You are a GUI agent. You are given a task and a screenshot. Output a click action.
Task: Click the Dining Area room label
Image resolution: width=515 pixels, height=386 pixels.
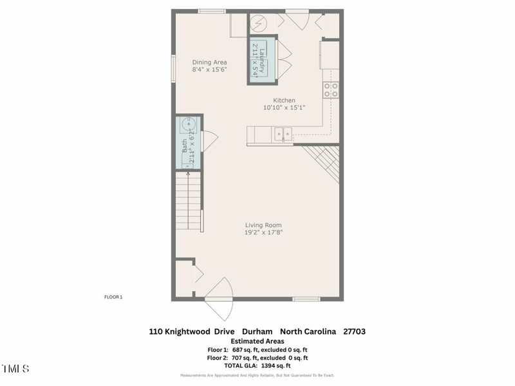click(210, 62)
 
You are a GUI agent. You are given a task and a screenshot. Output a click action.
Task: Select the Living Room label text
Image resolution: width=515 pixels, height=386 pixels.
click(263, 225)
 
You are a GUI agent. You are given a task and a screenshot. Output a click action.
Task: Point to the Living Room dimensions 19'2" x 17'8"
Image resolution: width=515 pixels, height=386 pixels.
click(263, 232)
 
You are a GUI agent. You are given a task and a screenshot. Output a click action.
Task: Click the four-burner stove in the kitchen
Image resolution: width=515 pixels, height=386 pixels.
click(331, 90)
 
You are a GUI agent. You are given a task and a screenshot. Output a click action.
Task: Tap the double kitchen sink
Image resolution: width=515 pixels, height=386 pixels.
click(282, 134)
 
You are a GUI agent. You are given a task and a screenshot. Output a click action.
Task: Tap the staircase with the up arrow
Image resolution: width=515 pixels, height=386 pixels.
click(188, 199)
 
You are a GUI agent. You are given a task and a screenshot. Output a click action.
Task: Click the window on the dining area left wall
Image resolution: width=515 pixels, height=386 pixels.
click(173, 68)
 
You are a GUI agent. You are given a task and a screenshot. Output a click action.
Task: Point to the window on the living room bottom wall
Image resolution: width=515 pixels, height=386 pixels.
click(306, 299)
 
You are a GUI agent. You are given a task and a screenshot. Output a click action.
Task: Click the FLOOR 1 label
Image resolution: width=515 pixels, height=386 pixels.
click(113, 297)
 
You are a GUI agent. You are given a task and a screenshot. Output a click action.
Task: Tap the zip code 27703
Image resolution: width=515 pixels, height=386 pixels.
click(355, 331)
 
